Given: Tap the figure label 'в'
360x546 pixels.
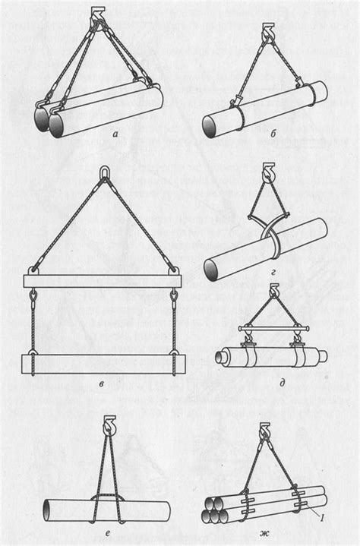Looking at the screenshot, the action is click(x=101, y=384).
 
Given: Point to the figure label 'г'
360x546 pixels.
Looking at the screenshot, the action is click(x=273, y=273).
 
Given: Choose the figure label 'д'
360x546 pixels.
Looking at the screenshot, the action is click(x=283, y=383).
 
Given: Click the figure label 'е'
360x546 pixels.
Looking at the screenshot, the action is click(x=109, y=532).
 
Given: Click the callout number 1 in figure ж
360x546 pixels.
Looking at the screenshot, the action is click(x=322, y=518).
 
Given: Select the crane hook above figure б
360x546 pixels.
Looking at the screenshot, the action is click(x=267, y=31).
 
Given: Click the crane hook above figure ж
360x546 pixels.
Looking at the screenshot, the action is click(x=265, y=431).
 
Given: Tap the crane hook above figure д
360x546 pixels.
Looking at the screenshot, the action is click(x=274, y=290).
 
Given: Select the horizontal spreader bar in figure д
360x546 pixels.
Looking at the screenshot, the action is click(x=274, y=328).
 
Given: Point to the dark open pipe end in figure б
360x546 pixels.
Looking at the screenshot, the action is click(x=210, y=127).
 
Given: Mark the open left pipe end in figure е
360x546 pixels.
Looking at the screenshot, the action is click(x=47, y=510).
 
